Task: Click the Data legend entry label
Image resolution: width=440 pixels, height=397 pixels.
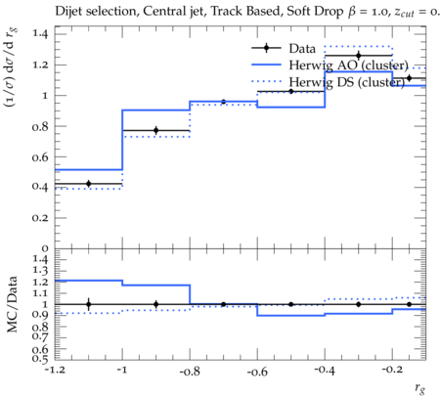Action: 302,49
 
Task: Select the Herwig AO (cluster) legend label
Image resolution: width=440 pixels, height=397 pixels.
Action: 348,66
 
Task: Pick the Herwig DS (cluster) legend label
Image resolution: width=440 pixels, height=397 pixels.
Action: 347,82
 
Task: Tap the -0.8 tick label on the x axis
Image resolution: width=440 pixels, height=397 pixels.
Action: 190,372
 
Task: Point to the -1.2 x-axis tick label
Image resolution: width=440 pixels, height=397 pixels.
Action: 55,370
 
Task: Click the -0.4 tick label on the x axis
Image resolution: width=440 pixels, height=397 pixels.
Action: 325,370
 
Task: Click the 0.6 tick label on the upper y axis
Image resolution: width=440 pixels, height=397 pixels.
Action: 40,157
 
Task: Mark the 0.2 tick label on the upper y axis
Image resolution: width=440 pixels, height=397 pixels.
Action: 40,218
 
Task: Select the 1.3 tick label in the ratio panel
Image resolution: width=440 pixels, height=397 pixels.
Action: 40,270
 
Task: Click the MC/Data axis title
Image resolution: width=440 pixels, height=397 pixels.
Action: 12,304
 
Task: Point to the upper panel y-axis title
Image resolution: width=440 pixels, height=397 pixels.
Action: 11,67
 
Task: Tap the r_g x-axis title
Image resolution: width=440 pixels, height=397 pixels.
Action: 420,388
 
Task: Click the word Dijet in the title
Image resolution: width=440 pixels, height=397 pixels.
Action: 68,12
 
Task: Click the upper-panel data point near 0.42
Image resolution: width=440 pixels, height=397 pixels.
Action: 88,184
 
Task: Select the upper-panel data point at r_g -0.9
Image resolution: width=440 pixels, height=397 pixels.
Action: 156,130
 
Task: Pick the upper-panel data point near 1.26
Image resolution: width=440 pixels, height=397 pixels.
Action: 359,56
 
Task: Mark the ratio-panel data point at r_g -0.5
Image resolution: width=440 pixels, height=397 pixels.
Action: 291,304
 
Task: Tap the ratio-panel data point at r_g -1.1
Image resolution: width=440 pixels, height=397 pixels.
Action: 88,304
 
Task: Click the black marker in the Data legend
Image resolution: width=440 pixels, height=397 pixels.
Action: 266,48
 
